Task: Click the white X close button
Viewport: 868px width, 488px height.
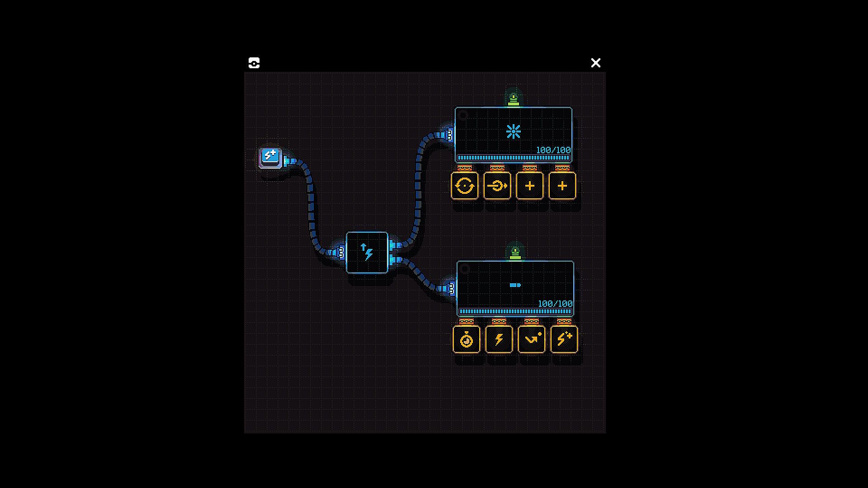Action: pyautogui.click(x=596, y=63)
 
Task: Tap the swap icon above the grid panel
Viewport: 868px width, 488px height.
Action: pyautogui.click(x=254, y=63)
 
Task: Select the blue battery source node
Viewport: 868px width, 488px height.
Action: pyautogui.click(x=270, y=158)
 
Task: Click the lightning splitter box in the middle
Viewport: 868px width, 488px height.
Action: pyautogui.click(x=367, y=253)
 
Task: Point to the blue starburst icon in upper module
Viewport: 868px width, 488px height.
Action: pyautogui.click(x=514, y=131)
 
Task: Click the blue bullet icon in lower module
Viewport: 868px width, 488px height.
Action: pyautogui.click(x=515, y=285)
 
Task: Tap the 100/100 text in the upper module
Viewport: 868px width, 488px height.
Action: pyautogui.click(x=553, y=150)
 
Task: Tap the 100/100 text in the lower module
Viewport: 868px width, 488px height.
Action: pyautogui.click(x=555, y=304)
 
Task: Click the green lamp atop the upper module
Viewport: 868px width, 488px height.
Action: pyautogui.click(x=514, y=98)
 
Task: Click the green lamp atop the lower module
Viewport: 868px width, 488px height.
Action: pyautogui.click(x=515, y=252)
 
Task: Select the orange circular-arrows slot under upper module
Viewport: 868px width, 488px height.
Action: pyautogui.click(x=465, y=185)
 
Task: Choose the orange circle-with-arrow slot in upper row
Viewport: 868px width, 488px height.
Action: pyautogui.click(x=497, y=185)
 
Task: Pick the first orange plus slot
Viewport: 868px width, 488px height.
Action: pyautogui.click(x=530, y=185)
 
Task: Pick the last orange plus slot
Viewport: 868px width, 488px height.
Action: pyautogui.click(x=562, y=185)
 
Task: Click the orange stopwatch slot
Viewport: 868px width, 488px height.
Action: pyautogui.click(x=467, y=339)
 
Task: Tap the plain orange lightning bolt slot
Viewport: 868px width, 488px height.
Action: pyautogui.click(x=499, y=339)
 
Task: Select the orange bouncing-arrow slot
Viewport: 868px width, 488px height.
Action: pyautogui.click(x=532, y=339)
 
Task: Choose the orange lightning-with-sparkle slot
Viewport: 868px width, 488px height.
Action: pyautogui.click(x=564, y=339)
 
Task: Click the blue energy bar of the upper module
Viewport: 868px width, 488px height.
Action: pyautogui.click(x=514, y=158)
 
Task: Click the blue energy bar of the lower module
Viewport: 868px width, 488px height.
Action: pyautogui.click(x=515, y=311)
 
